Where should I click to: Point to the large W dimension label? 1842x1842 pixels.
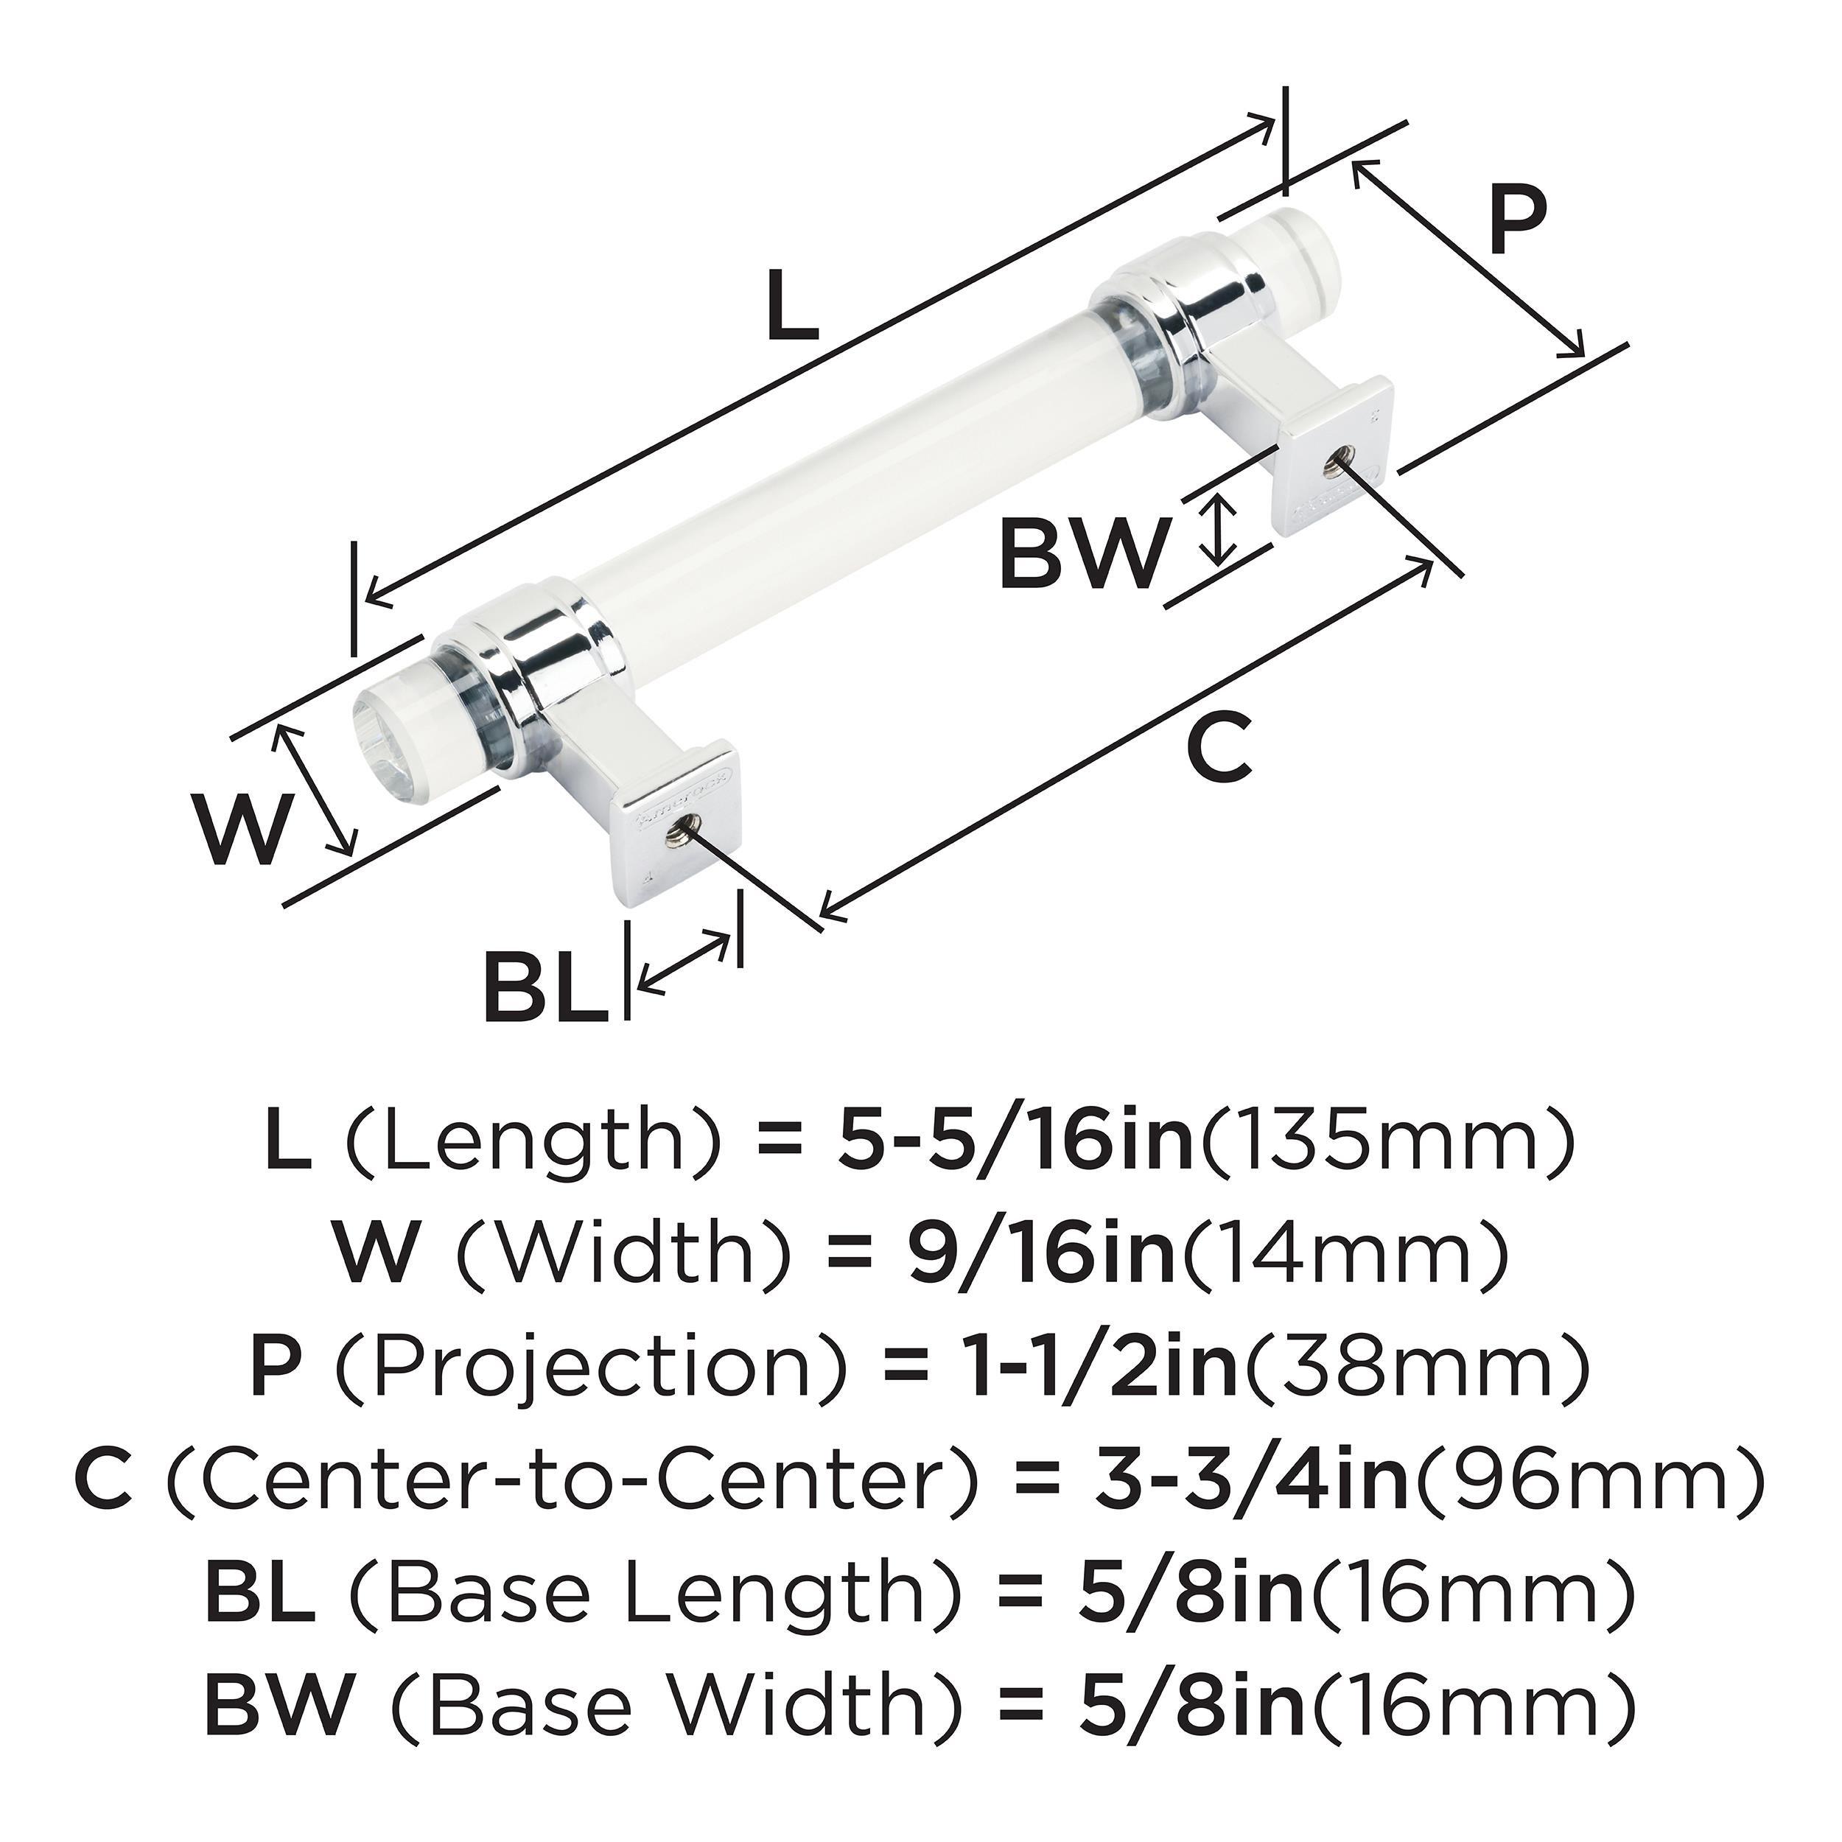click(x=241, y=827)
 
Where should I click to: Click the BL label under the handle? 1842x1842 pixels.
click(x=546, y=986)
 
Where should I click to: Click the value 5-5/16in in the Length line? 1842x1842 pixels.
click(x=1016, y=1144)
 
